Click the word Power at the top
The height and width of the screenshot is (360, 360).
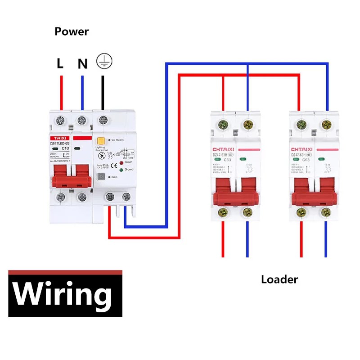click(x=72, y=31)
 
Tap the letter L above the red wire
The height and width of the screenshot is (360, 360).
click(x=60, y=63)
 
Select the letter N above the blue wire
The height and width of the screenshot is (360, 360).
click(x=82, y=64)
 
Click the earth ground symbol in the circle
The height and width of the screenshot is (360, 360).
click(x=104, y=61)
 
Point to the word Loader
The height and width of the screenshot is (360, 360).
click(x=279, y=279)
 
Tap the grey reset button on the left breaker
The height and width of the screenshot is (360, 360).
click(x=101, y=177)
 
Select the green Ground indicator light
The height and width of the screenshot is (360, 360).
click(x=121, y=170)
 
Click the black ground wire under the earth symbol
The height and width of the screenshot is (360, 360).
click(x=103, y=92)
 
